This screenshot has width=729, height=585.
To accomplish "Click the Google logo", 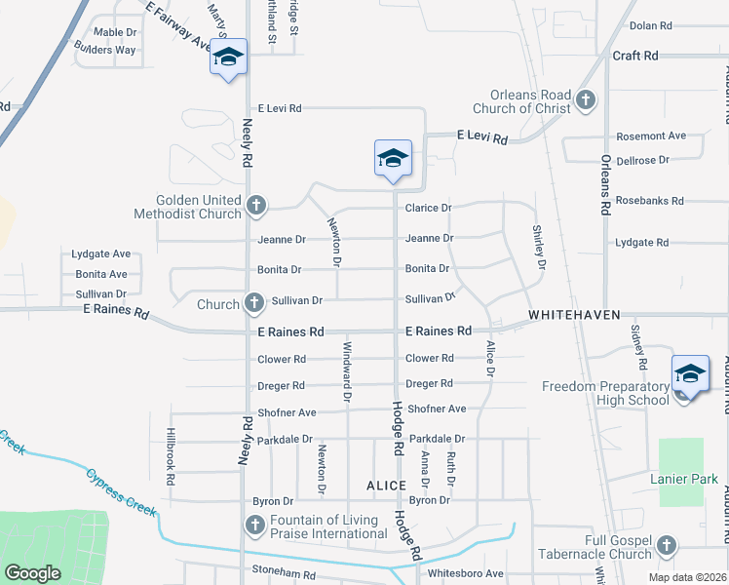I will (32, 573).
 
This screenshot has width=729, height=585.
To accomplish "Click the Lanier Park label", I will (684, 479).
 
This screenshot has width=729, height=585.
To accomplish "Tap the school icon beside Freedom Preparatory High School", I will (689, 373).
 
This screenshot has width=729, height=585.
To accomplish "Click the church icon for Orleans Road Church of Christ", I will (585, 99).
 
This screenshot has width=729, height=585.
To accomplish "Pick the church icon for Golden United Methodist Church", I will (255, 206).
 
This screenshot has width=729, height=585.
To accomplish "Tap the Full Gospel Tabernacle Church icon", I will (667, 544).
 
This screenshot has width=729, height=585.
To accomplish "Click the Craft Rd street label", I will (635, 56).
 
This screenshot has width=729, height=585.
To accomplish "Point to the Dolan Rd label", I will (651, 25).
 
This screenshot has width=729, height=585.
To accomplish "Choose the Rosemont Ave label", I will (651, 136).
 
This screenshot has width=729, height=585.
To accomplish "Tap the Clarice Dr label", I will (429, 208).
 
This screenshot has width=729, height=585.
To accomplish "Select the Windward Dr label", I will (346, 370).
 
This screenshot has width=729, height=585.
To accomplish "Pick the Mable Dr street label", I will (115, 32).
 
